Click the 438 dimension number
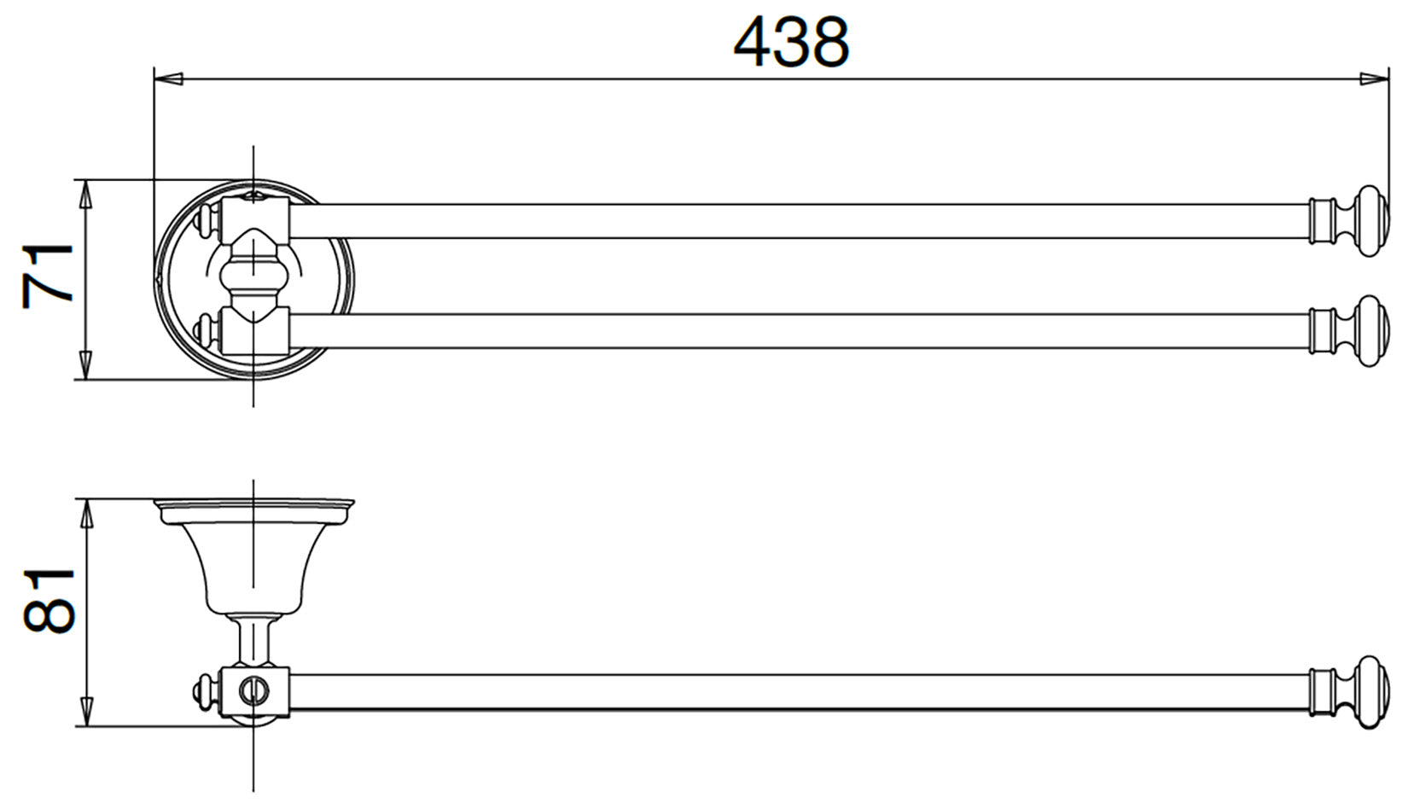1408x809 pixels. click(x=791, y=42)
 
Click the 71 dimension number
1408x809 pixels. click(x=48, y=276)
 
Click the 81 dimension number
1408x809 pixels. click(x=49, y=601)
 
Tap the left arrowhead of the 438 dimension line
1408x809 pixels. click(x=168, y=79)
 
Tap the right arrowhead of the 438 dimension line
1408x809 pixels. click(x=1375, y=79)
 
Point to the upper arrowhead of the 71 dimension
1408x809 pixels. click(x=87, y=195)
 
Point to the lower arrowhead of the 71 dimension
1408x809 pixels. click(x=87, y=365)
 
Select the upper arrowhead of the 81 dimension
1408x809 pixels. click(x=87, y=514)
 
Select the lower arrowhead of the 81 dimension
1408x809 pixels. click(x=87, y=713)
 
